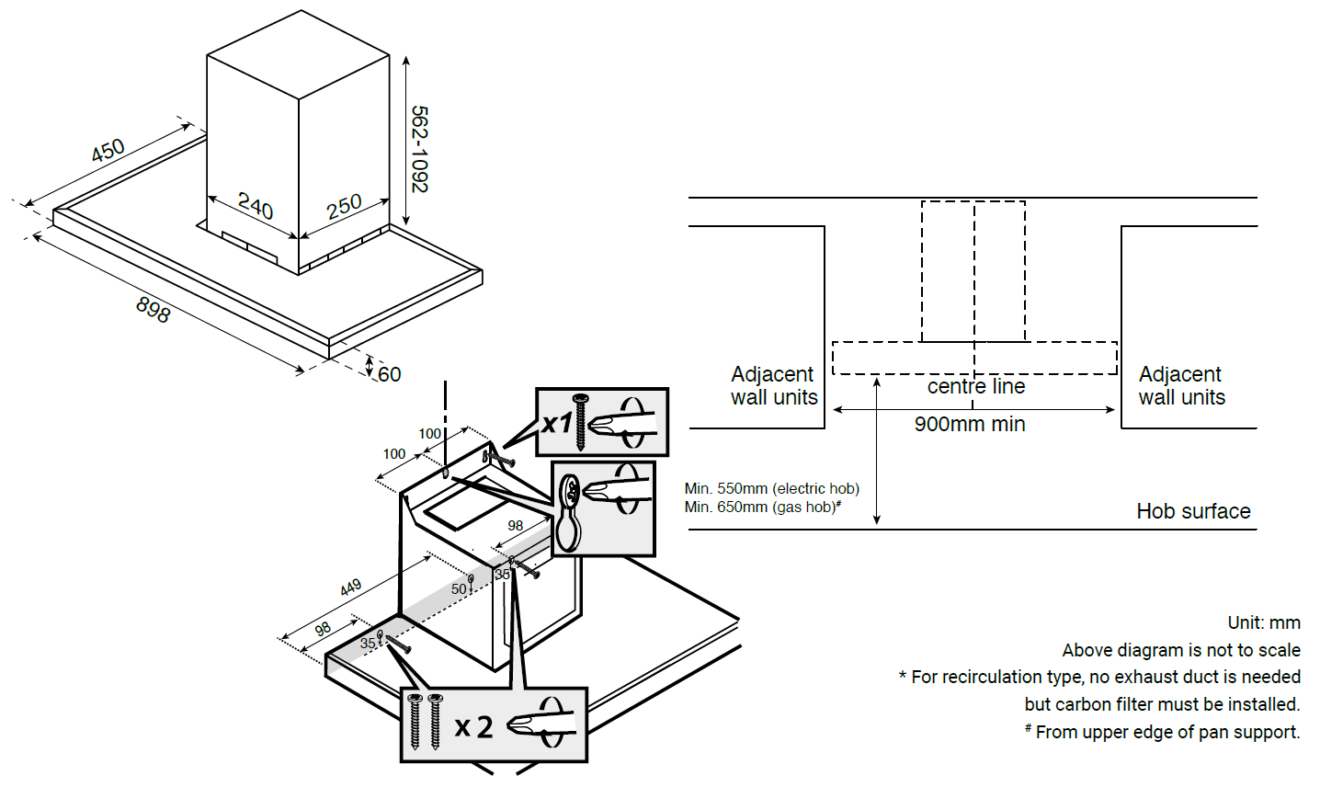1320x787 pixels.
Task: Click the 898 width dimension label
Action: click(153, 309)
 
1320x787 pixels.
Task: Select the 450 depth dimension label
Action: click(108, 151)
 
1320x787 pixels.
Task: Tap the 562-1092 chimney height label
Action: click(419, 149)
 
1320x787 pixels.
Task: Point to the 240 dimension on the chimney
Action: click(255, 206)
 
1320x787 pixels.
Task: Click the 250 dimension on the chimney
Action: click(344, 206)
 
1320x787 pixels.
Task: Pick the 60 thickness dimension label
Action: click(390, 374)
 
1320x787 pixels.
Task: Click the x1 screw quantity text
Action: click(557, 423)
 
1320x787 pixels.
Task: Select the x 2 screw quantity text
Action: click(474, 727)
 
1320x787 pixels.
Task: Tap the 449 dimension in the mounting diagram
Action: click(350, 587)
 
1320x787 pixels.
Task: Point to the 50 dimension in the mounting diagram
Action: click(459, 589)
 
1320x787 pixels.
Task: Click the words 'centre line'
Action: click(976, 387)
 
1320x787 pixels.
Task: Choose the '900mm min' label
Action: click(970, 425)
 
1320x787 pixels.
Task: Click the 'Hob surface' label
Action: click(1193, 511)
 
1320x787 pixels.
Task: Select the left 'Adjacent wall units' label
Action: click(774, 386)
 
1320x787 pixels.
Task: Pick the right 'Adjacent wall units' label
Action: click(1181, 386)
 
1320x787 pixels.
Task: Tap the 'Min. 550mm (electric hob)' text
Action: click(772, 489)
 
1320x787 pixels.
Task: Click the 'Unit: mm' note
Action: click(1264, 623)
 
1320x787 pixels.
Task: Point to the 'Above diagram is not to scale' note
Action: click(1181, 651)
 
